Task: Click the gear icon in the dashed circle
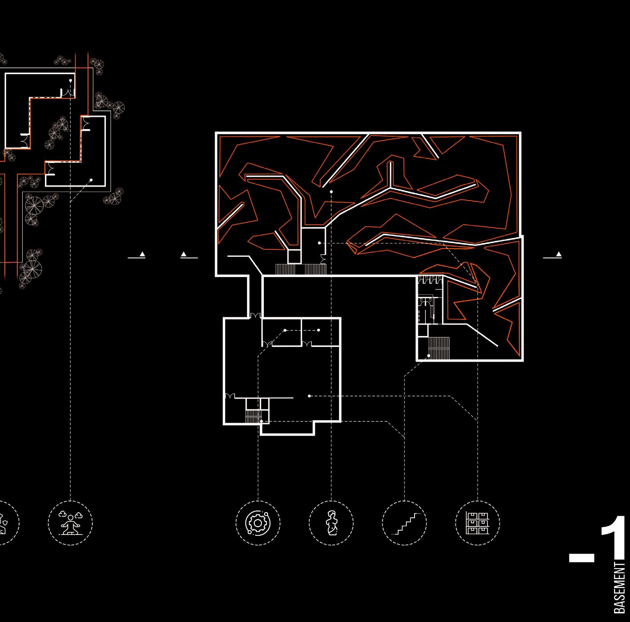(x=258, y=522)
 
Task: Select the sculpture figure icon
(x=331, y=522)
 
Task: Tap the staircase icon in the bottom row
(x=404, y=522)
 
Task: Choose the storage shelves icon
(x=478, y=522)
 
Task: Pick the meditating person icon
(x=71, y=522)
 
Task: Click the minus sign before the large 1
(x=581, y=558)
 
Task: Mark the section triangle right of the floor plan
(x=559, y=255)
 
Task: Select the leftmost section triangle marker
(x=142, y=255)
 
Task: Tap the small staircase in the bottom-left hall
(x=252, y=416)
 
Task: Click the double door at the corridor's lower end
(x=256, y=315)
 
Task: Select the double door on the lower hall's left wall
(x=229, y=396)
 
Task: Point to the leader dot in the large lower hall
(x=309, y=396)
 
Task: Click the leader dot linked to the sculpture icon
(x=331, y=192)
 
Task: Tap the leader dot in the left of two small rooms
(x=285, y=330)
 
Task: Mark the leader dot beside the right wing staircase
(x=429, y=355)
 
